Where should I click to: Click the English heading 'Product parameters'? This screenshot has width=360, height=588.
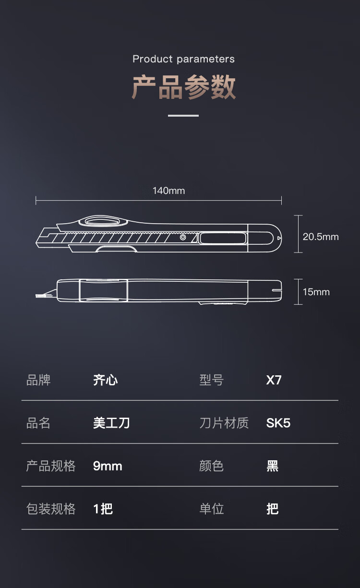(183, 59)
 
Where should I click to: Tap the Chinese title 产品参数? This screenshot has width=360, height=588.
(183, 87)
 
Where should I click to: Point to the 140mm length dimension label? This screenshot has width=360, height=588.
(168, 191)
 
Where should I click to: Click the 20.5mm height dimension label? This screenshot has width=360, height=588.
(321, 237)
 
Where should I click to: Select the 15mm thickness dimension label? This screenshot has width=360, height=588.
(316, 292)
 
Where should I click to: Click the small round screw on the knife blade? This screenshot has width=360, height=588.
(183, 237)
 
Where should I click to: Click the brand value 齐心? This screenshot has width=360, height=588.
(105, 380)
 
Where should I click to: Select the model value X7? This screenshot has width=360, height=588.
(274, 380)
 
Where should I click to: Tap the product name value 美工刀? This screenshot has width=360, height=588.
(111, 423)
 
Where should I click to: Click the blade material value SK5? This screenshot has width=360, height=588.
(278, 423)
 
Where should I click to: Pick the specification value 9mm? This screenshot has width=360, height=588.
(108, 466)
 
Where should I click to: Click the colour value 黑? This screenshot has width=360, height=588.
(273, 466)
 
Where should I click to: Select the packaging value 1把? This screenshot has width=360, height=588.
(103, 509)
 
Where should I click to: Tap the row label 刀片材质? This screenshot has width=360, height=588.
(224, 423)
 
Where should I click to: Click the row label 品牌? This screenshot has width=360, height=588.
(38, 380)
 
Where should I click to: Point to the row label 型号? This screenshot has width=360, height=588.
(212, 380)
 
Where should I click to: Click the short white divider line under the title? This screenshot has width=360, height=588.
(183, 116)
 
